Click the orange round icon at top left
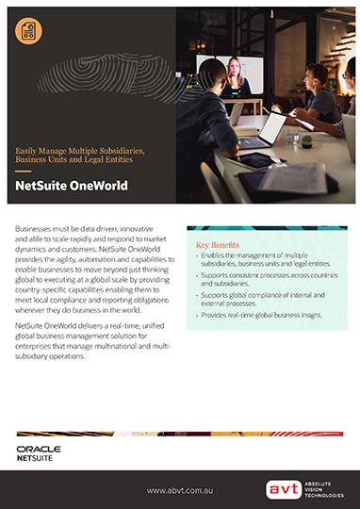click(29, 31)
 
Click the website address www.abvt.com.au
click(185, 490)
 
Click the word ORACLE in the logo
click(39, 450)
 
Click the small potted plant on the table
click(307, 139)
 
